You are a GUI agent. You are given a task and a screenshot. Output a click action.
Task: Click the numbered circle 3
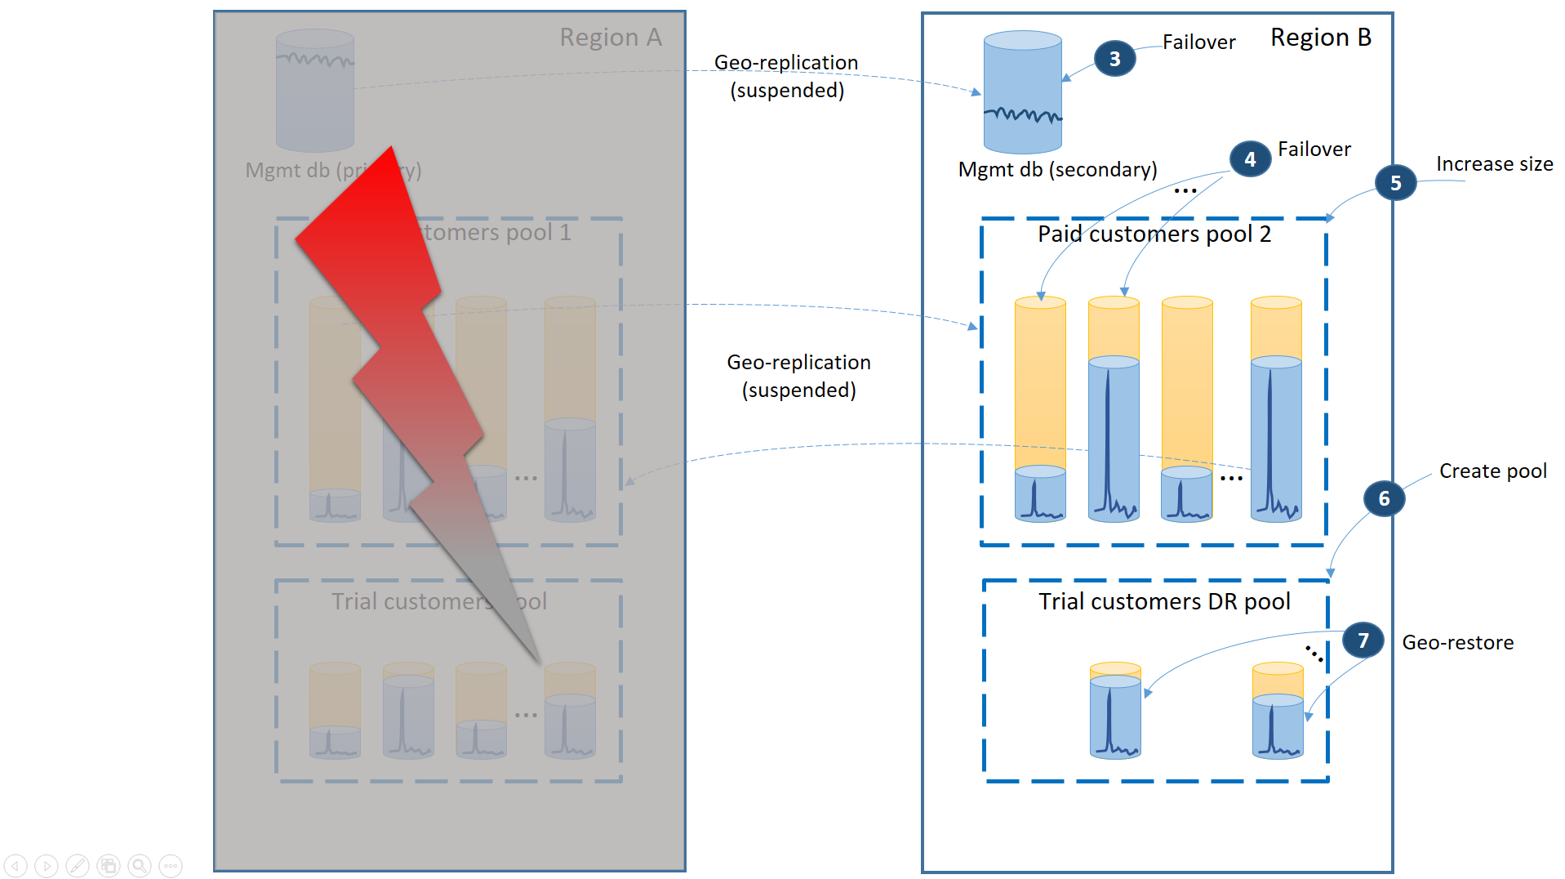click(1114, 59)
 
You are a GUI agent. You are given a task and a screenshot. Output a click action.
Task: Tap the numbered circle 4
click(1250, 159)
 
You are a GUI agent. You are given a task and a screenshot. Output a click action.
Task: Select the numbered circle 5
click(1395, 183)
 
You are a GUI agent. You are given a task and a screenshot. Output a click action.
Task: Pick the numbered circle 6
click(1384, 498)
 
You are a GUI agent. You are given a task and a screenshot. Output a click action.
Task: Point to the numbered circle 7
click(1363, 640)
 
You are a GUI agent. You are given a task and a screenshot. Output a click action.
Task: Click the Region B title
click(1320, 38)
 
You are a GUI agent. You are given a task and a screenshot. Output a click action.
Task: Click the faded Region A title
click(610, 38)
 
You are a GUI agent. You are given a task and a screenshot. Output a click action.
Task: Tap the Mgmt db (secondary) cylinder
click(1022, 92)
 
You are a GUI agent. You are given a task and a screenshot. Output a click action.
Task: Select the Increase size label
click(1494, 164)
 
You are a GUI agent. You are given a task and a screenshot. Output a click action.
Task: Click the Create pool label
click(1492, 471)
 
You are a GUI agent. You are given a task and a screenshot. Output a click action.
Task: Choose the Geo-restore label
click(1457, 643)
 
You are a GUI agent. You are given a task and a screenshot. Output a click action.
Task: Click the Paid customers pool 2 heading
click(1154, 234)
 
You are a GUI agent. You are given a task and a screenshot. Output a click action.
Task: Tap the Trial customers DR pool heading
click(1163, 602)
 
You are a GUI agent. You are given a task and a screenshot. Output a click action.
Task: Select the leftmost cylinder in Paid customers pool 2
click(1039, 408)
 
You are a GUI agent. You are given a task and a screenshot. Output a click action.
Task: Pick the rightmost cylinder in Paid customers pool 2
click(1275, 408)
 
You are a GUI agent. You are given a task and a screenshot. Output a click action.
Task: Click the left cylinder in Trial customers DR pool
click(1114, 711)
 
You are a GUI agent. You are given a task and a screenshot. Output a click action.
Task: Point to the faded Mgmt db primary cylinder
click(314, 91)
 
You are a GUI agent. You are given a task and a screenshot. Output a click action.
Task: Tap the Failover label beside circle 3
click(1198, 42)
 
